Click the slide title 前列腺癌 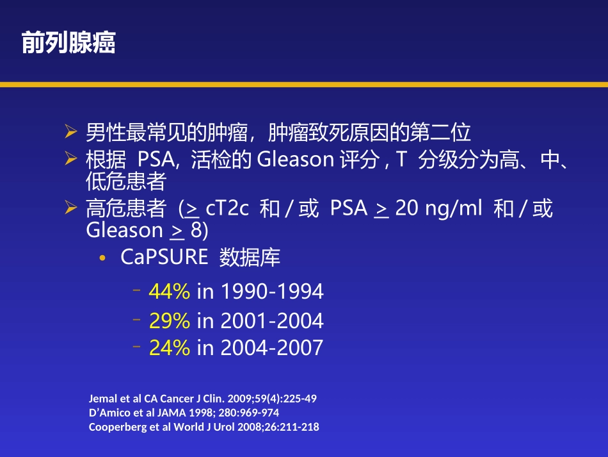tap(68, 44)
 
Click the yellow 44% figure tap(170, 292)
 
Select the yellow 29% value tap(170, 320)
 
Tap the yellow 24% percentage tap(170, 348)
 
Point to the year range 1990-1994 tap(271, 292)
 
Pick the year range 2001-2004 tap(271, 320)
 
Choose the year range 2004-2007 tap(271, 348)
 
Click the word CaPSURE tap(164, 258)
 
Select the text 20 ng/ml tap(438, 209)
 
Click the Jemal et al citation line tap(202, 399)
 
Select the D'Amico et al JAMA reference tap(184, 413)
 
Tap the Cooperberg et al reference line tap(204, 427)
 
